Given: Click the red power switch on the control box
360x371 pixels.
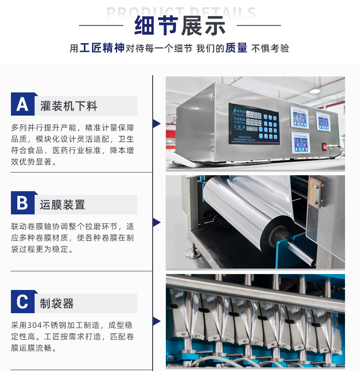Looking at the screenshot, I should pos(325,147).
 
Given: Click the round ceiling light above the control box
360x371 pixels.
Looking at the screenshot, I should pos(314,91).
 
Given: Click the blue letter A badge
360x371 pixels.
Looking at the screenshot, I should pos(22,104).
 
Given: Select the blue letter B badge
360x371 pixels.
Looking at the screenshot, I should pos(22,203).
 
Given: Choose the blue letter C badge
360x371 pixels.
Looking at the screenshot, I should pos(22,302).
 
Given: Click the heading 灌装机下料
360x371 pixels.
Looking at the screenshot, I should pos(69,107).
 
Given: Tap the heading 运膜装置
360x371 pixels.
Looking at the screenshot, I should pos(63,205).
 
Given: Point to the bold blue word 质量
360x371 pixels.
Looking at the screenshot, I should pos(236,48).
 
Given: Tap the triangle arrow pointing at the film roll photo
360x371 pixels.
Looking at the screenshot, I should pos(157,223).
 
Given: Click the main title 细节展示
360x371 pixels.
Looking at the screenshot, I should pos(180,25).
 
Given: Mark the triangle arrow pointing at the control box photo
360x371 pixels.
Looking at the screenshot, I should pos(157,124).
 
